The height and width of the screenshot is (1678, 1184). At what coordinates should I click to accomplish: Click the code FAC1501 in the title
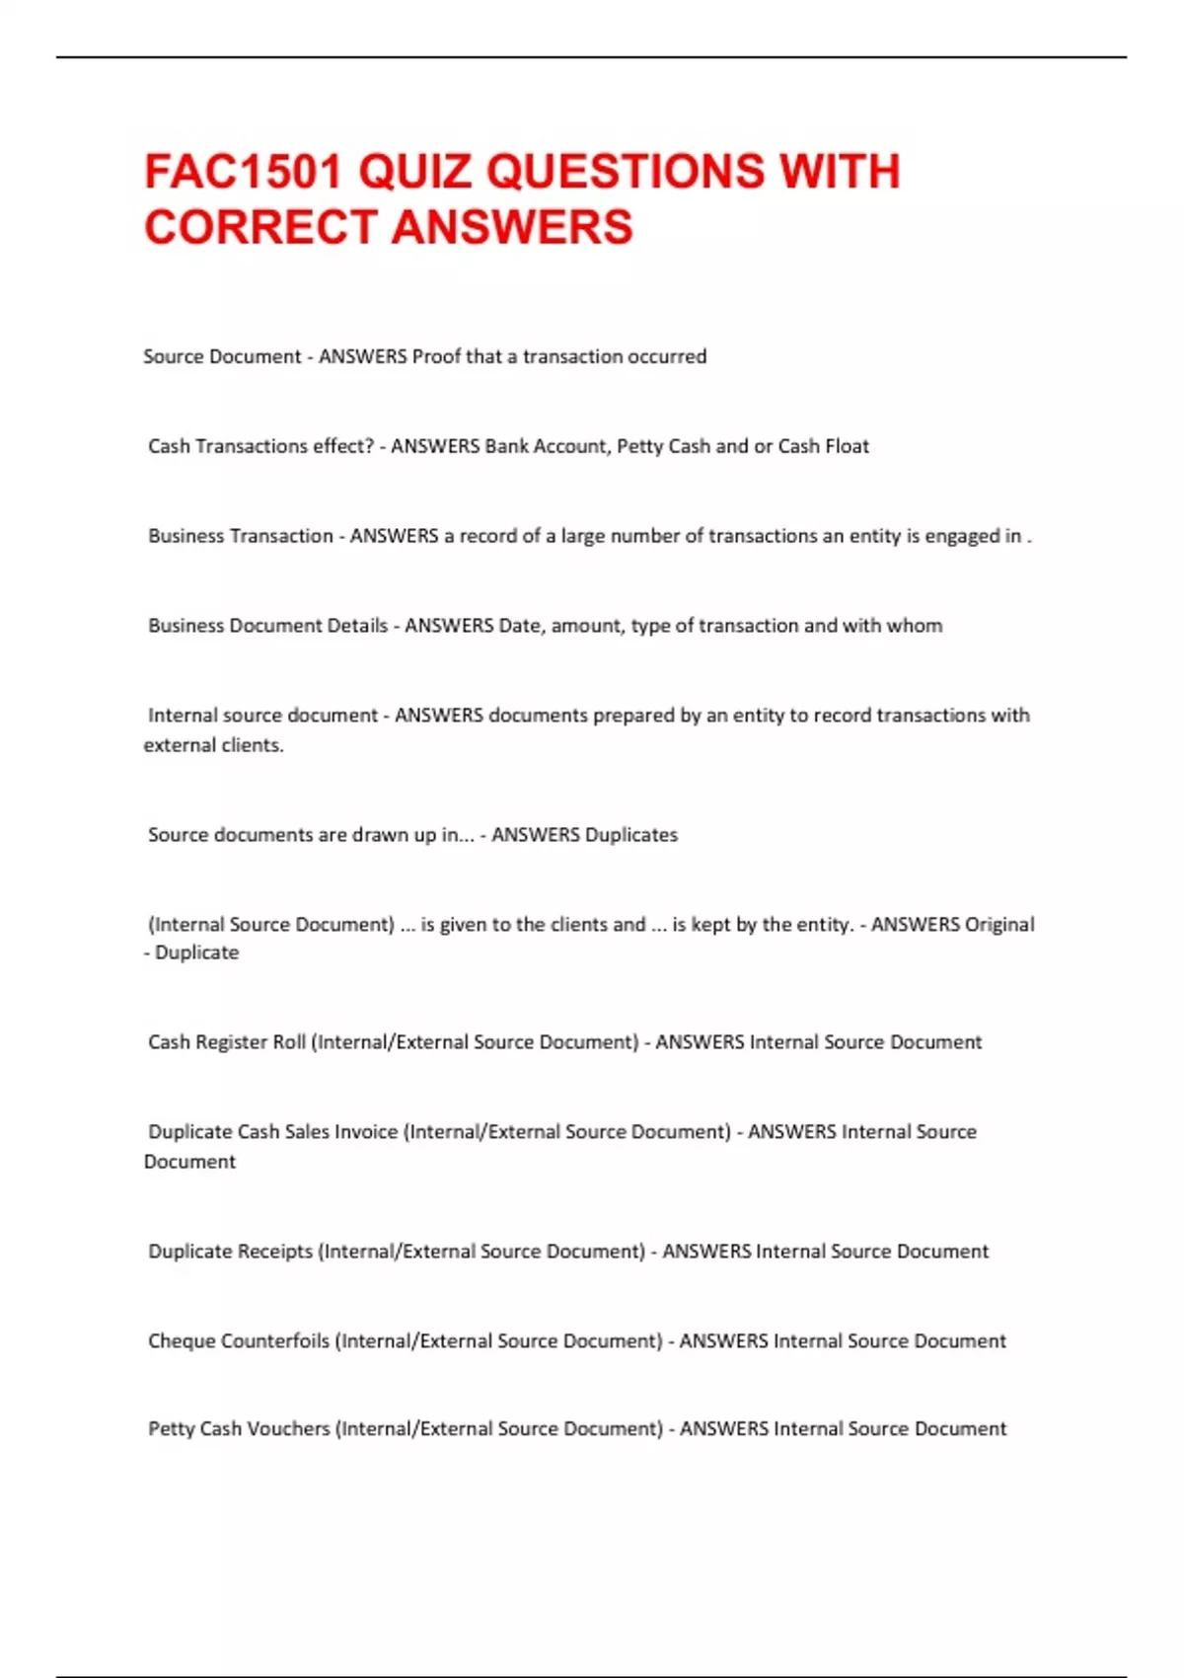click(243, 172)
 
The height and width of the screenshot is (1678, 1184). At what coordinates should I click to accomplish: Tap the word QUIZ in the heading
click(414, 172)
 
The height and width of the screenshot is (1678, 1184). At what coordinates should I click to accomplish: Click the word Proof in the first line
click(436, 356)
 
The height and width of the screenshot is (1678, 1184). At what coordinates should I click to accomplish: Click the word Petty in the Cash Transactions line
click(640, 446)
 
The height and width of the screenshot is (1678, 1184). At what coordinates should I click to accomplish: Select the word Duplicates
click(631, 835)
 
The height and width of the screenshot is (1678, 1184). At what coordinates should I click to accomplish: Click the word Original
click(999, 925)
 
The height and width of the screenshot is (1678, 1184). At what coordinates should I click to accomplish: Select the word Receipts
click(268, 1252)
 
